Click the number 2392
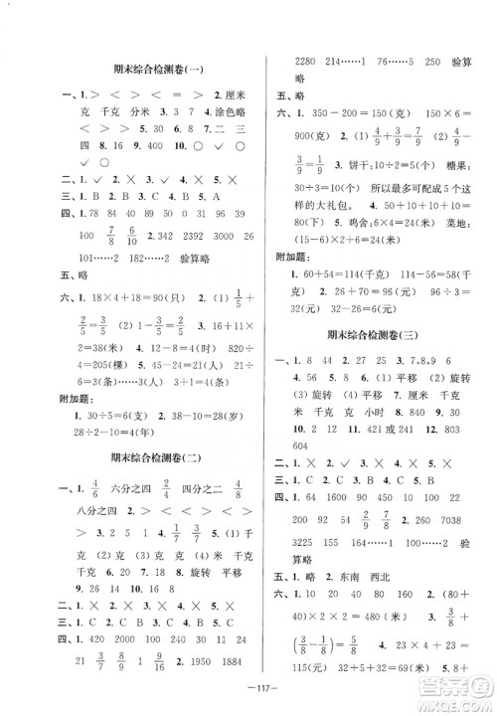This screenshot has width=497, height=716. tap(193, 236)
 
